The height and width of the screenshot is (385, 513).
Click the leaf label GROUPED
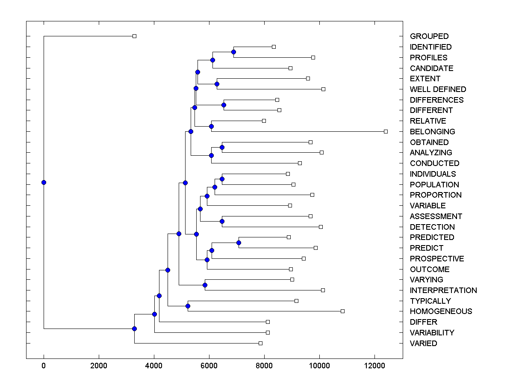429,36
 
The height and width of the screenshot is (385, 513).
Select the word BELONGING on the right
432,132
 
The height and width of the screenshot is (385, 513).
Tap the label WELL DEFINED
438,89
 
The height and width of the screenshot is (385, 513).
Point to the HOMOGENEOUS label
441,311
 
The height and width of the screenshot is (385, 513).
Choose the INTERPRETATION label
443,290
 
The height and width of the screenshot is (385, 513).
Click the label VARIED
423,344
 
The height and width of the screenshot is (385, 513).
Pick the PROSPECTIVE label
436,259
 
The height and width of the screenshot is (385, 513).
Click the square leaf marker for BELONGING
386,131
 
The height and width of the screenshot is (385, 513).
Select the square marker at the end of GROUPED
134,36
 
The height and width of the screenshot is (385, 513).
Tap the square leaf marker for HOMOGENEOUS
342,311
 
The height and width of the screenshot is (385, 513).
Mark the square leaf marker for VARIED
260,343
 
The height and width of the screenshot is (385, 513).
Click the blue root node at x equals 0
44,182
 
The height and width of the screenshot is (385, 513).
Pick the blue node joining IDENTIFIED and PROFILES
233,52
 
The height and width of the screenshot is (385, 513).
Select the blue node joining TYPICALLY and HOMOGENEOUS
188,306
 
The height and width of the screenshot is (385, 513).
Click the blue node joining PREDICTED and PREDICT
239,243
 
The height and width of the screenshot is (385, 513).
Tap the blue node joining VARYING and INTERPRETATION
205,285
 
